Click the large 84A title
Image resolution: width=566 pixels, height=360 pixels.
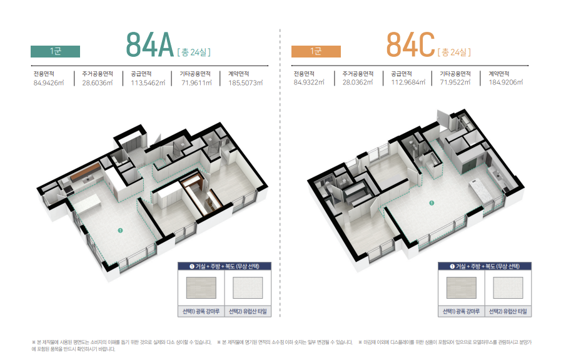[150, 45]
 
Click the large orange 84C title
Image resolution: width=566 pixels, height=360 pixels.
[410, 45]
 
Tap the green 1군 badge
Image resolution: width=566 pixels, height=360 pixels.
[55, 52]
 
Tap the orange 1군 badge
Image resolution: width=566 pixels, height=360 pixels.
[316, 52]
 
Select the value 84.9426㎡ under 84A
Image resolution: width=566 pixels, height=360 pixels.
[49, 83]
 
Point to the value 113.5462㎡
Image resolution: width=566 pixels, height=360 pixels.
[148, 83]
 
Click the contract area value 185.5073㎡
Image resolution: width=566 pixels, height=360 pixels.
[245, 83]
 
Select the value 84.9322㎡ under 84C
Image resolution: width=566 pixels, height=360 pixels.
[309, 82]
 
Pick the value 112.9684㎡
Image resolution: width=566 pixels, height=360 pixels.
[408, 82]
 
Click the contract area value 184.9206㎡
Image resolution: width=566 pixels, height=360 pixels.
[506, 82]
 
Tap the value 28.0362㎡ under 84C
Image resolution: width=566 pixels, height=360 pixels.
[358, 82]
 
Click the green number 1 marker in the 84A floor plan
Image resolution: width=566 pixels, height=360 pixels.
[120, 230]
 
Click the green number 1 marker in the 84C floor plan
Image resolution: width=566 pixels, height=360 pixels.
[432, 203]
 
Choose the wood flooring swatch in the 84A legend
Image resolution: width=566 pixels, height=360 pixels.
[201, 287]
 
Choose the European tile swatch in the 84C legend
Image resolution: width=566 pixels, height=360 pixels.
[508, 287]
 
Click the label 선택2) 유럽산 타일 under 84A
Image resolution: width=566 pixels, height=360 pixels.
[248, 311]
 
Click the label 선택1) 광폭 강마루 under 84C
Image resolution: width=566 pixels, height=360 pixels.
[461, 311]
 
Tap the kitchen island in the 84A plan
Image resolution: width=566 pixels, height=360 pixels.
[86, 204]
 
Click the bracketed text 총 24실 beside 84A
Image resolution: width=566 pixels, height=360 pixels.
[194, 52]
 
